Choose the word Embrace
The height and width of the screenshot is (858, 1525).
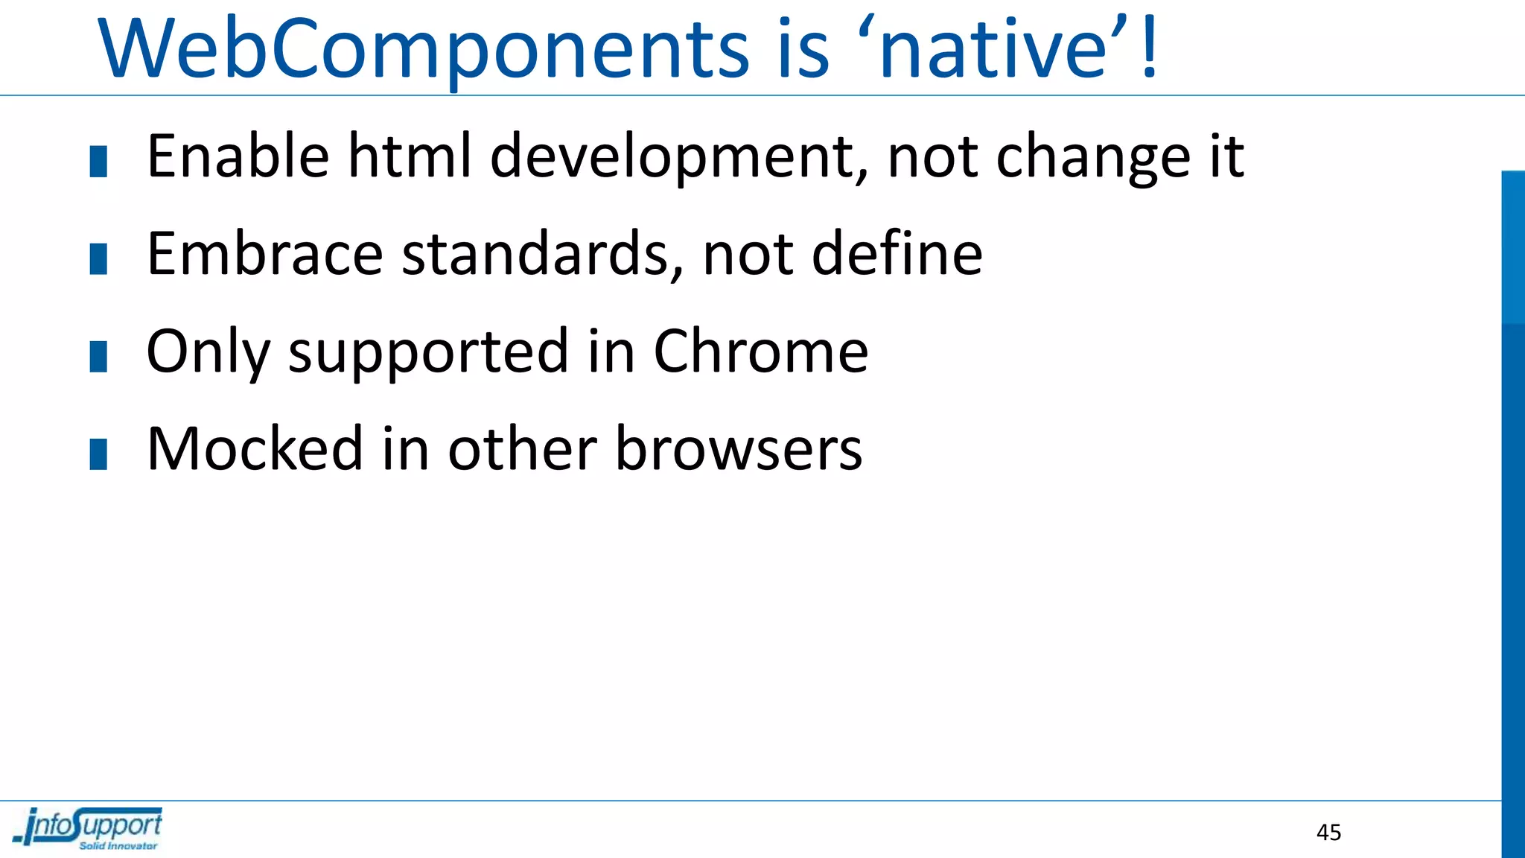tap(265, 254)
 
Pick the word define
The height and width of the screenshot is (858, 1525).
tap(897, 254)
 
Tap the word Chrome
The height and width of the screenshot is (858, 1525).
tap(760, 351)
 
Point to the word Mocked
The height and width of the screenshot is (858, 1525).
tap(255, 449)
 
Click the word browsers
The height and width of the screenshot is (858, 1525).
tap(739, 449)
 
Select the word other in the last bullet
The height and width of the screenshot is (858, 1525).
tap(522, 449)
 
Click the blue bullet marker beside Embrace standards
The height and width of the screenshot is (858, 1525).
tap(98, 259)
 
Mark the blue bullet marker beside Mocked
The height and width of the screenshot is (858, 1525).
tap(98, 454)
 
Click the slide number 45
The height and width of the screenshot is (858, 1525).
tap(1328, 833)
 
